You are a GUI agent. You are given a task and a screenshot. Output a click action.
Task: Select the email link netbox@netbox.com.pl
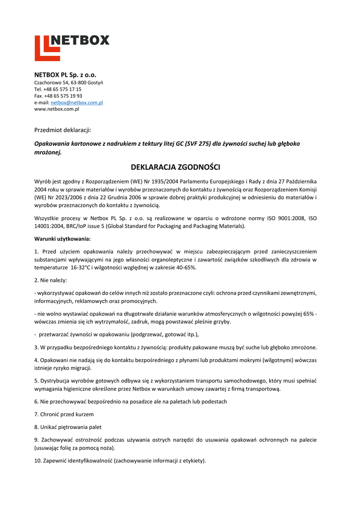click(x=76, y=102)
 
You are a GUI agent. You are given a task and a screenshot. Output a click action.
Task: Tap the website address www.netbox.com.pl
click(x=57, y=109)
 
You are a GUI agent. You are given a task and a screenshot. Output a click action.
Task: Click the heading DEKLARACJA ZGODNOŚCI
click(x=175, y=167)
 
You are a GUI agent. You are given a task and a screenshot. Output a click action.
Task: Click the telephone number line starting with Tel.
click(x=58, y=89)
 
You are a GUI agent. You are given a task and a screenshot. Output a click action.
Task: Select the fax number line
click(x=58, y=96)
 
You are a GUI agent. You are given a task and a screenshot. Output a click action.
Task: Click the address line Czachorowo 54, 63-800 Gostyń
click(x=69, y=82)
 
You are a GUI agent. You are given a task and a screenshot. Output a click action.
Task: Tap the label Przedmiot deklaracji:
click(x=63, y=130)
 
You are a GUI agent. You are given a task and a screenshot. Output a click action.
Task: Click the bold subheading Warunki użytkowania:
click(x=63, y=239)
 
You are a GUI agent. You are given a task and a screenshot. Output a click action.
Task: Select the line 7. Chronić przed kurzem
click(x=64, y=414)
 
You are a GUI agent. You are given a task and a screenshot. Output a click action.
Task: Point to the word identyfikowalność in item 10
click(x=86, y=460)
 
